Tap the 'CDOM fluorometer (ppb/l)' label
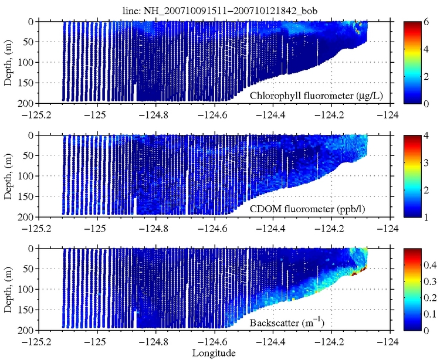click(x=320, y=209)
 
